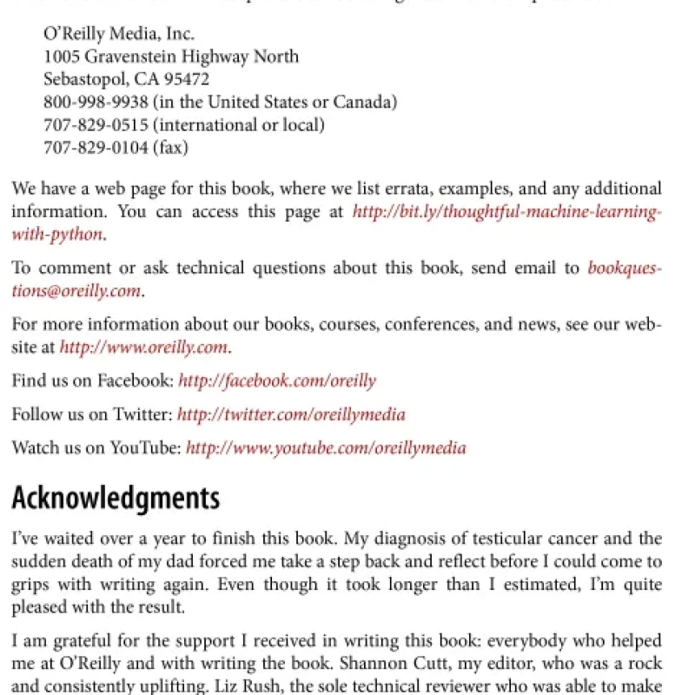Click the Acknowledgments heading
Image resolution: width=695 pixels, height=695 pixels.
coord(116,499)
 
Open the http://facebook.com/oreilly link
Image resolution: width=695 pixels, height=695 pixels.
coord(276,381)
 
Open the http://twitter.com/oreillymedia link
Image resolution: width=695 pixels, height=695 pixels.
coord(291,414)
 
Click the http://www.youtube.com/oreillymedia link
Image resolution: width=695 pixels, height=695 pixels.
coord(326,448)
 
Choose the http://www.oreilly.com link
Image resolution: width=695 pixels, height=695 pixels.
coord(143,347)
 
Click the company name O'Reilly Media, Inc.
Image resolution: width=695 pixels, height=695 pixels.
coord(119,34)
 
